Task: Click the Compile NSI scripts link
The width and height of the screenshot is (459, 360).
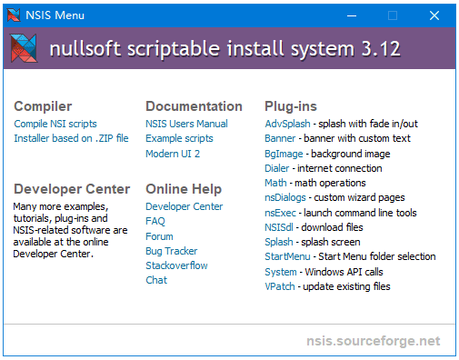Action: [x=55, y=124]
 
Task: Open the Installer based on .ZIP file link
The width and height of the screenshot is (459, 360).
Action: [x=71, y=138]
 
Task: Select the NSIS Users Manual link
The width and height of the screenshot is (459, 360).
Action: [x=186, y=124]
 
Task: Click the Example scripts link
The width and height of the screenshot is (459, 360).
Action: [x=179, y=138]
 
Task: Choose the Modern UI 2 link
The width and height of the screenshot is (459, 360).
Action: [x=173, y=154]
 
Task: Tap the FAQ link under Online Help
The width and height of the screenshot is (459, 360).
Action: [x=155, y=221]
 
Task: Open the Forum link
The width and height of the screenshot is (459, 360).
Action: [x=160, y=236]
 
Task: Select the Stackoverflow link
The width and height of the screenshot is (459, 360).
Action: [x=176, y=265]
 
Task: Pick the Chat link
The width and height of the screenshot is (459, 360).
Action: [x=156, y=280]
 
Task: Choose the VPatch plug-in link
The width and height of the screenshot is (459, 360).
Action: [x=280, y=286]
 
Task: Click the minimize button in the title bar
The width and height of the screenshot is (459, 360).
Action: [x=350, y=15]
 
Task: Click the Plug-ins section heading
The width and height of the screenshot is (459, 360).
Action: [x=291, y=106]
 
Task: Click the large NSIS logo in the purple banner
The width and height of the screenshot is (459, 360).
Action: [x=25, y=48]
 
